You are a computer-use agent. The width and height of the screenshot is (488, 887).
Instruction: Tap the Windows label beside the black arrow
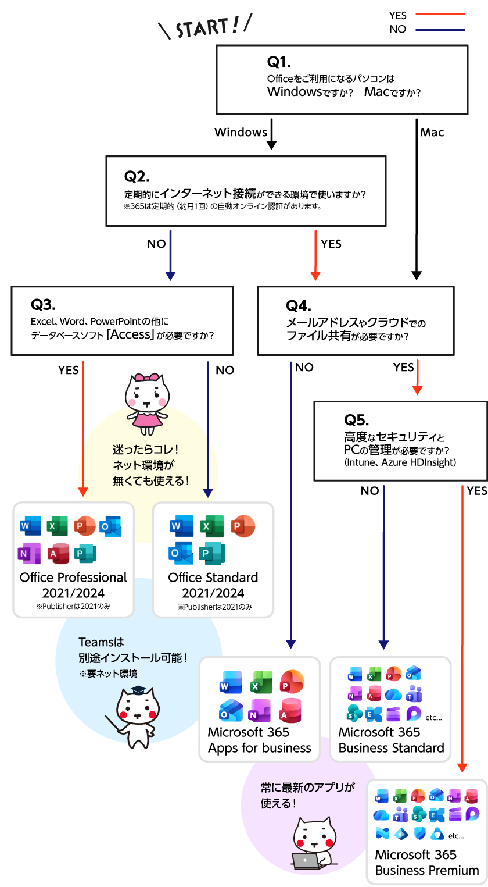[241, 132]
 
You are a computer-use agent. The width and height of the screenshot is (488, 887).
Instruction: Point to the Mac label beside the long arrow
[432, 133]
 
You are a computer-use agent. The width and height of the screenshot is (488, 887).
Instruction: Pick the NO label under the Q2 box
[156, 244]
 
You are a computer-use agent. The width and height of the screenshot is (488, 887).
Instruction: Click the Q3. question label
[43, 305]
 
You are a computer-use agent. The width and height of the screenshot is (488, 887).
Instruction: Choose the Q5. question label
[356, 419]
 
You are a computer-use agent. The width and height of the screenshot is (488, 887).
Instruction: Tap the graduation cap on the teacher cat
[138, 690]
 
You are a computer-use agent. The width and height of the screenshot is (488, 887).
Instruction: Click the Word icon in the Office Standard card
[182, 526]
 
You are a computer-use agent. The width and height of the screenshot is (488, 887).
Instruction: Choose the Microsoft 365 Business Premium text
[427, 863]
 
